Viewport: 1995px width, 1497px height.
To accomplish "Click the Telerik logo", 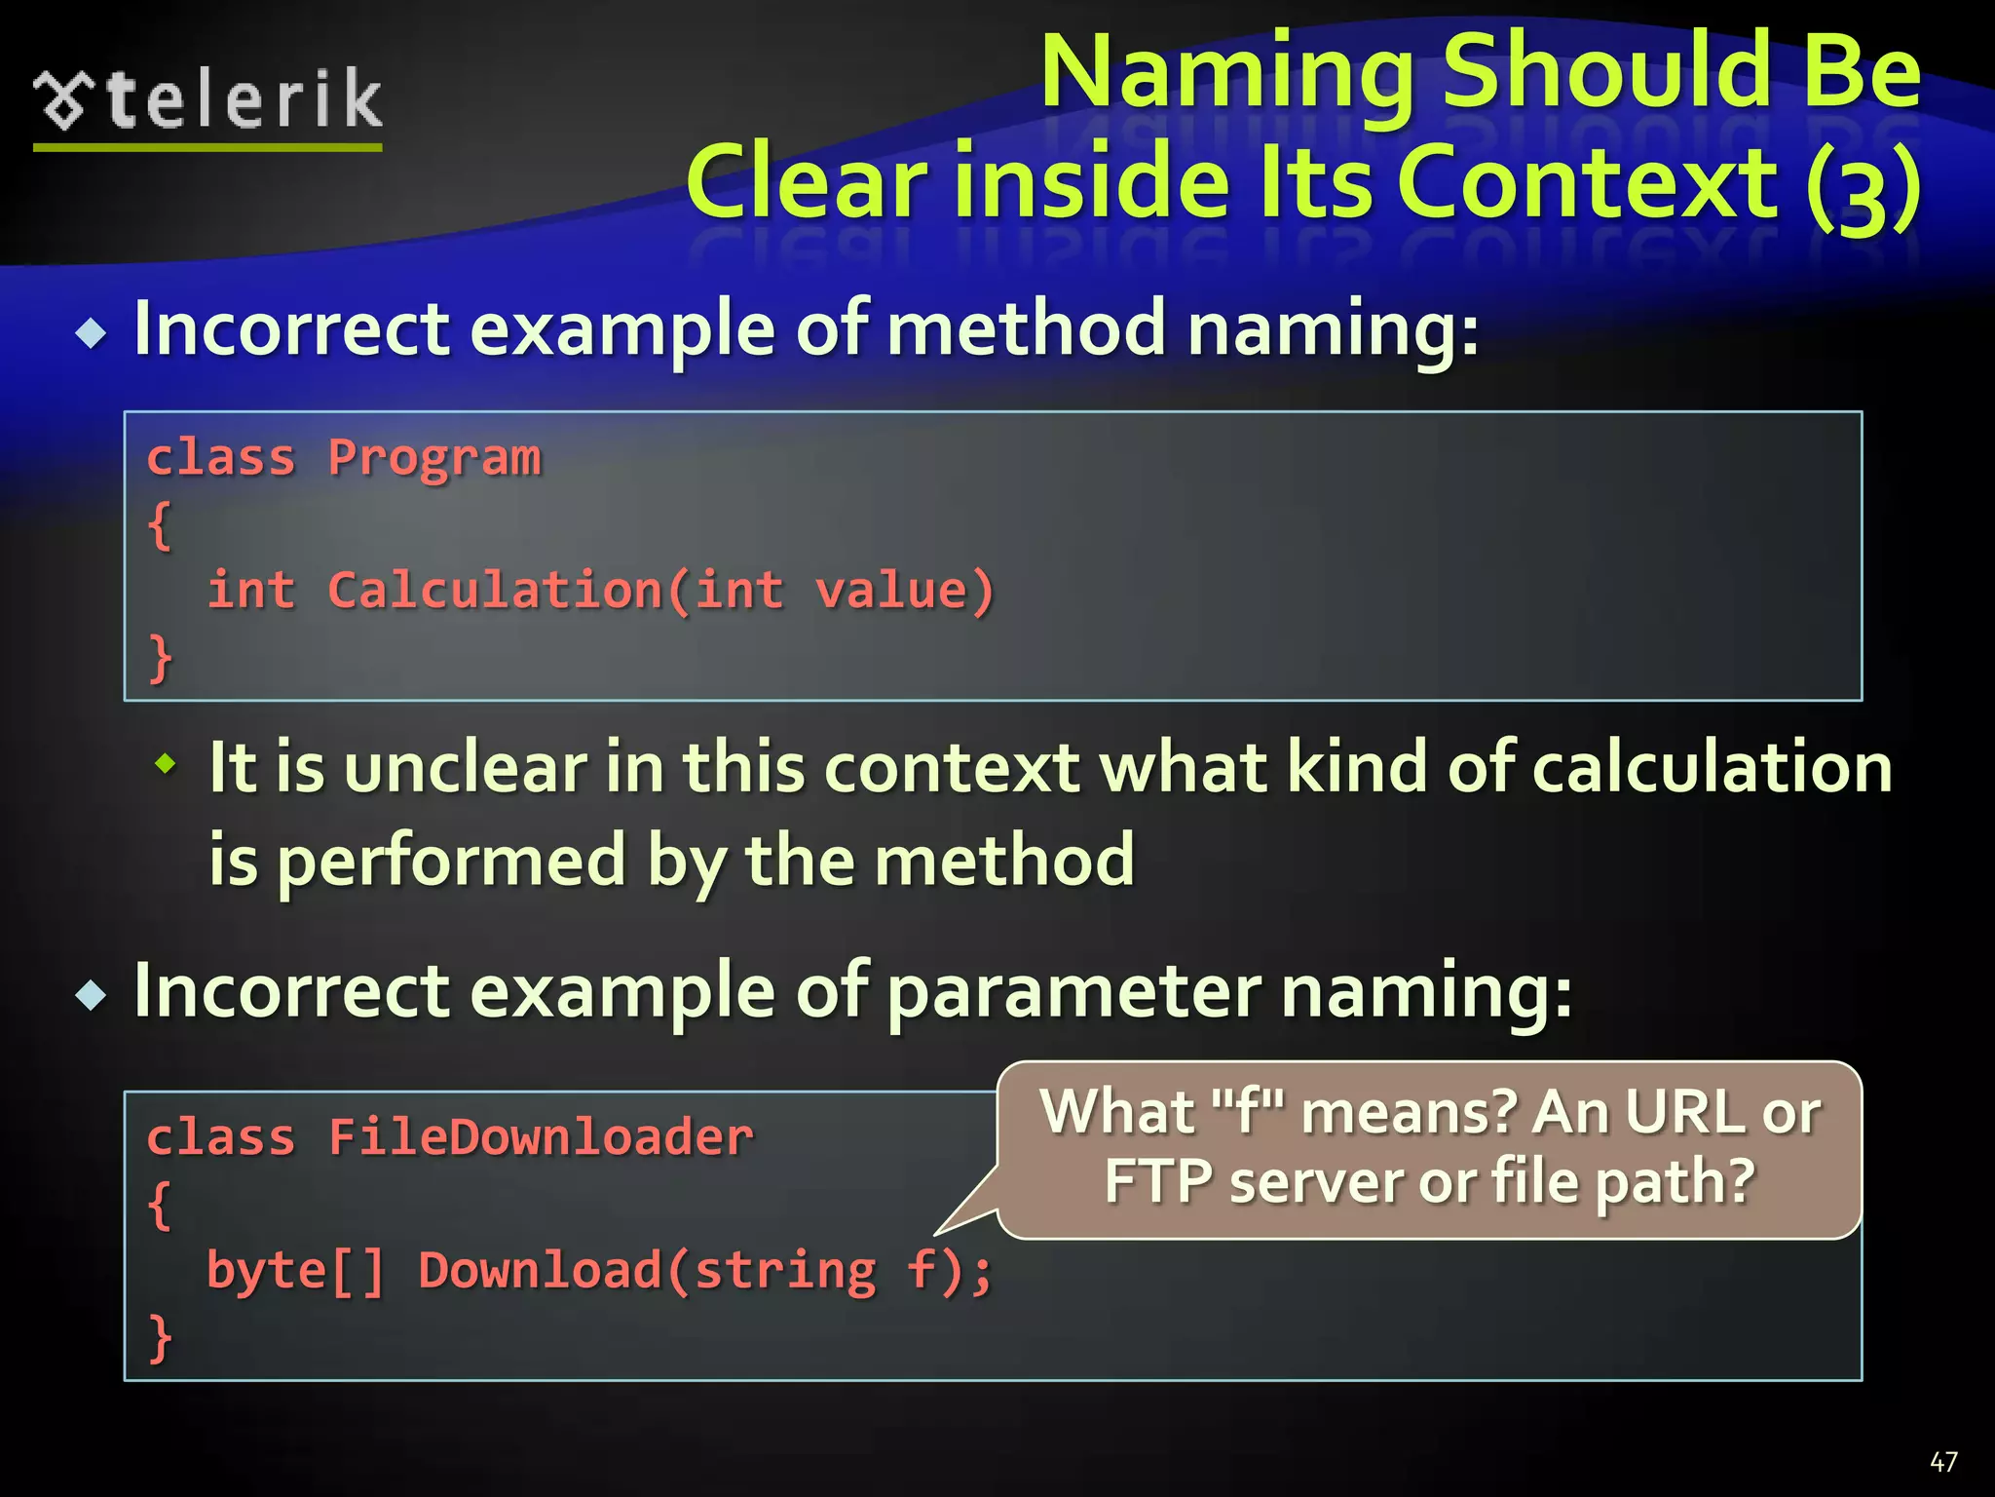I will click(x=207, y=102).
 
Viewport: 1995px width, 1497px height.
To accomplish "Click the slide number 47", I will click(x=1943, y=1462).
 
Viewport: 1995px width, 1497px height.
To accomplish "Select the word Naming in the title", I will click(x=1227, y=74).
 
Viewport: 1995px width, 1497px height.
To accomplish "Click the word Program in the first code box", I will click(x=433, y=458).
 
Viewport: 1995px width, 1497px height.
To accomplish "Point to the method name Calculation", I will click(x=494, y=591).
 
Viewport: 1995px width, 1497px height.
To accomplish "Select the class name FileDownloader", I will click(x=541, y=1137).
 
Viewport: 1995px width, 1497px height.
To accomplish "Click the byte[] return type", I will click(x=295, y=1271).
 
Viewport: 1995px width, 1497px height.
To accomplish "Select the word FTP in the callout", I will click(x=1158, y=1181).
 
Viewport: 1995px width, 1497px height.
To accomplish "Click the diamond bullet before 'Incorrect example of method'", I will click(x=92, y=334).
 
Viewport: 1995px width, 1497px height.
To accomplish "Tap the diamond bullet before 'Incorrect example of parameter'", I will click(x=92, y=996).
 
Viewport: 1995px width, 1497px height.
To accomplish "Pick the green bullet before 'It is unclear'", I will click(x=167, y=763).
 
